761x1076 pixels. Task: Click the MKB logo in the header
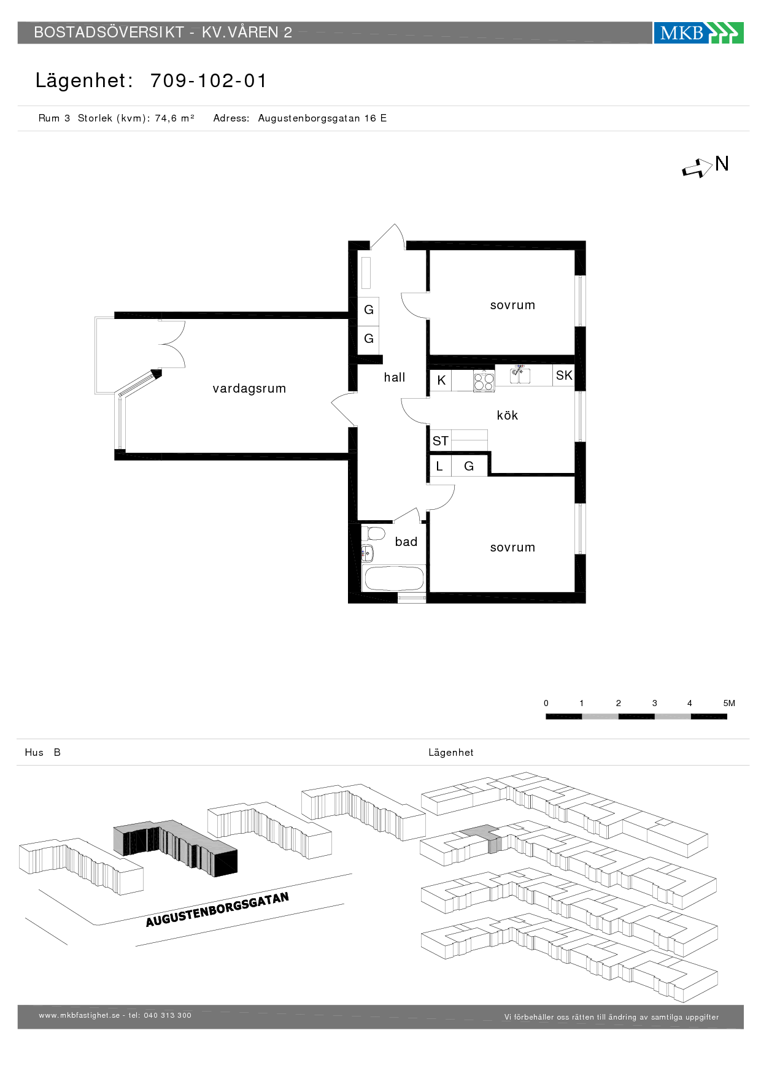coord(698,33)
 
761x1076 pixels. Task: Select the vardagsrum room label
coord(249,388)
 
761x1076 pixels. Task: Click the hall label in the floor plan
coord(395,377)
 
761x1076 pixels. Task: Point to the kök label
coord(508,415)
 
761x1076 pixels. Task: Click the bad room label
coord(406,542)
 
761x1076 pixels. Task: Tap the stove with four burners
coord(484,381)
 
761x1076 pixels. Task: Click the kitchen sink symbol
coord(520,374)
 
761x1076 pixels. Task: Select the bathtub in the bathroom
coord(393,578)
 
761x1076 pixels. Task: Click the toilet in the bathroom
coord(373,532)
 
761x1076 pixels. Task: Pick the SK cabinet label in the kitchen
coord(564,375)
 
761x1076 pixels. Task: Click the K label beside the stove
coord(441,380)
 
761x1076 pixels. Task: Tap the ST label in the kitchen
coord(440,440)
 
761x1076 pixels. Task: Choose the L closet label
coord(439,466)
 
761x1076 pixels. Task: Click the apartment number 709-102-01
coord(209,80)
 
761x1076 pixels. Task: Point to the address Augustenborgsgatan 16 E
coord(322,118)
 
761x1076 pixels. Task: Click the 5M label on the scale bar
coord(729,703)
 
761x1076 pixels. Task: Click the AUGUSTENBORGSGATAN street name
coord(217,910)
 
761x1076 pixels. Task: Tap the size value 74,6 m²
coord(174,118)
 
